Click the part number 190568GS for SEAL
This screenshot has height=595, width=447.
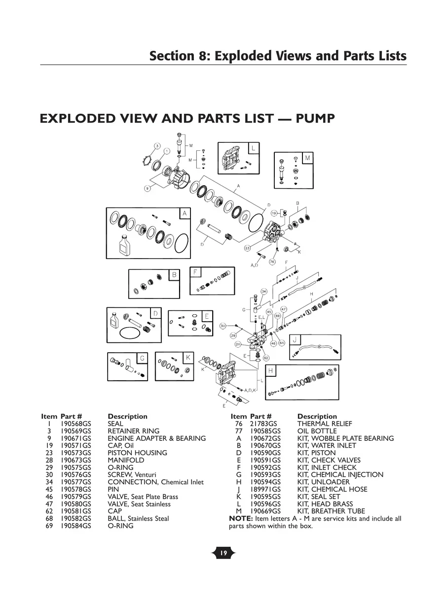coord(76,424)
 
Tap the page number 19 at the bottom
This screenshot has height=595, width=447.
coord(223,554)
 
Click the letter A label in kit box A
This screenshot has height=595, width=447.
coord(185,213)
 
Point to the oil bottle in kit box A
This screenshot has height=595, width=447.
coord(124,243)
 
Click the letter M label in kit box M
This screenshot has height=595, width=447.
coord(308,158)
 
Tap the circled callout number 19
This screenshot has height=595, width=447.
coord(274,213)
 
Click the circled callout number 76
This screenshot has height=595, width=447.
coord(272,262)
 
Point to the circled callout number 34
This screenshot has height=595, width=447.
coord(264,292)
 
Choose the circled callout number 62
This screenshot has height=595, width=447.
coord(266,358)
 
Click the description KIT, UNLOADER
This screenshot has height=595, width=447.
coord(323,482)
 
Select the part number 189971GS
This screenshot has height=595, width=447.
coord(265,489)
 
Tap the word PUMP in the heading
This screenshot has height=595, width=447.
coord(311,119)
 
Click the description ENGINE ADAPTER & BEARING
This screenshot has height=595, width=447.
coord(156,438)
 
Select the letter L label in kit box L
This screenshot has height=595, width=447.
coord(253,148)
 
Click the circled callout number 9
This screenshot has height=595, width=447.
coord(147,189)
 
